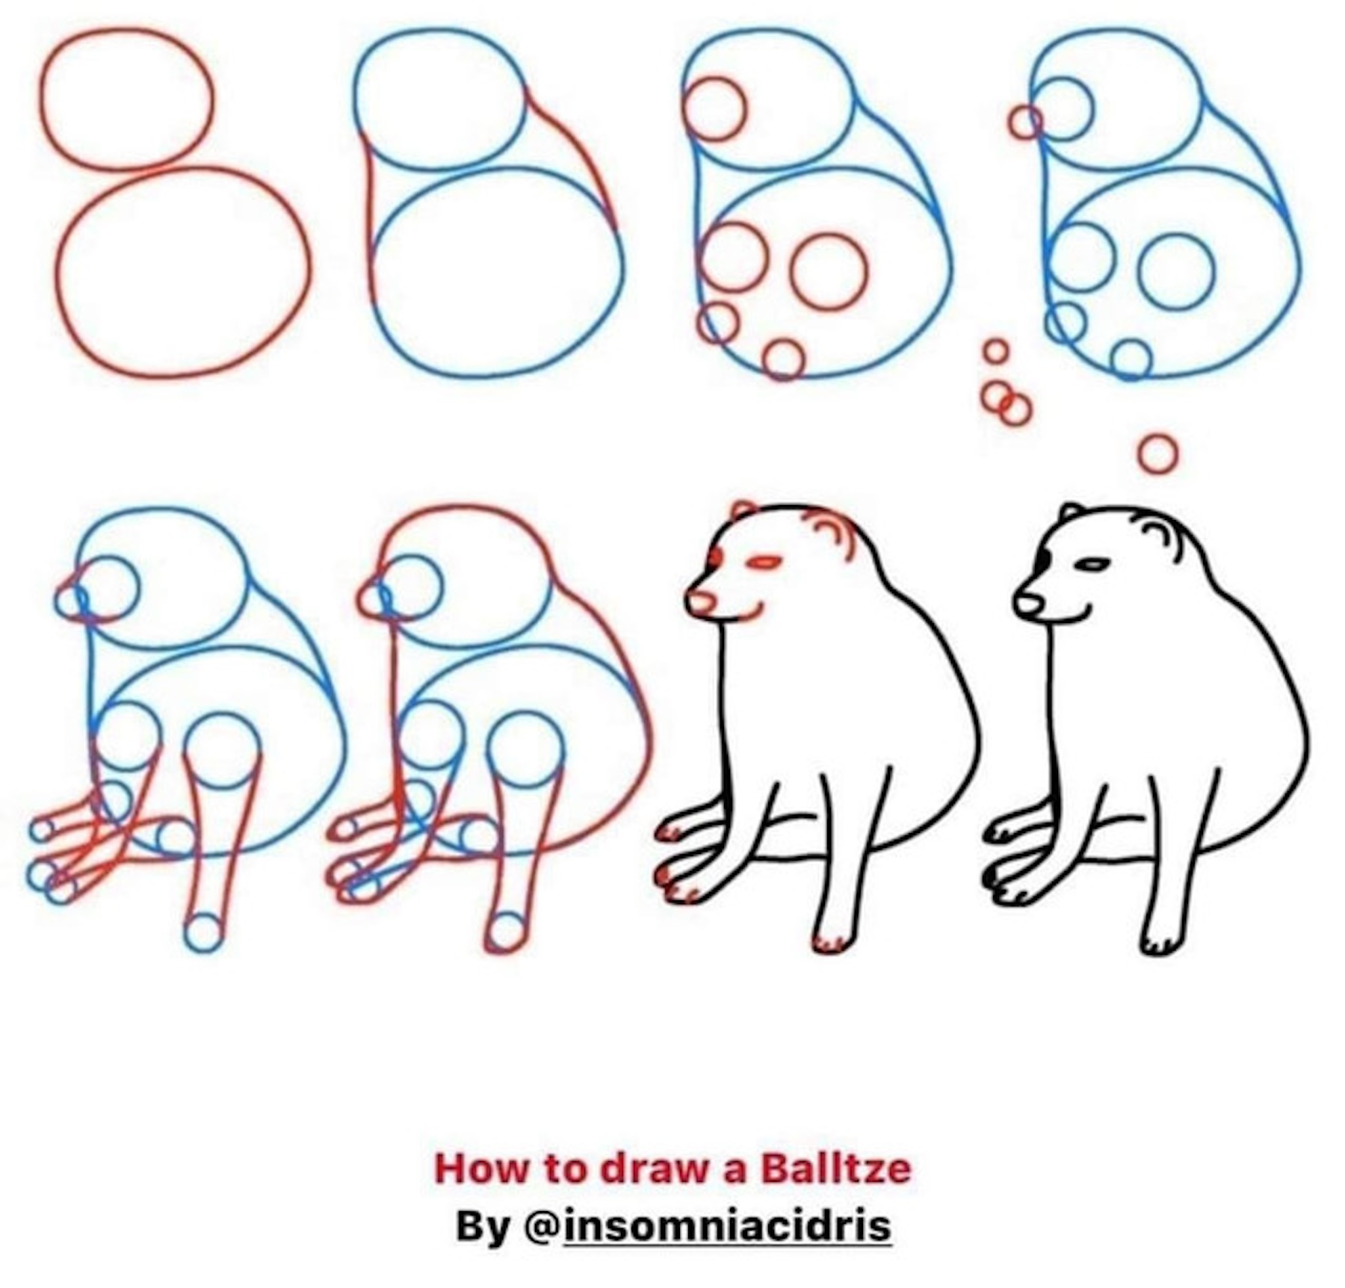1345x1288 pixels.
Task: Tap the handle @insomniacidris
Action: (708, 1226)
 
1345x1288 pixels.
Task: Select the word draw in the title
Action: (655, 1168)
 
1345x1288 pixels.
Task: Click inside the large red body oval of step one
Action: (182, 273)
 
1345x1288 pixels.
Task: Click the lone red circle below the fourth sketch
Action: (1157, 453)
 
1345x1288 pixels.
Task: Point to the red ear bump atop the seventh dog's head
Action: (743, 504)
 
